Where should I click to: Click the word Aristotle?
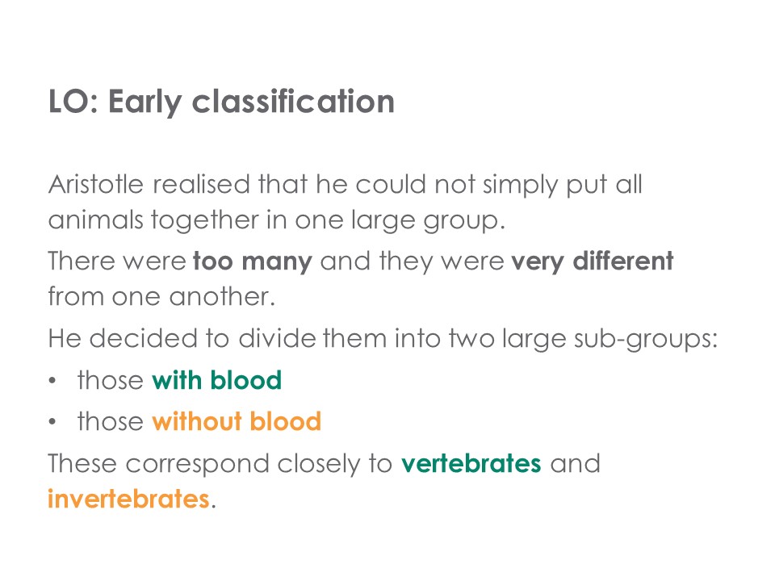96,184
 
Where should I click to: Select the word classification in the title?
293,102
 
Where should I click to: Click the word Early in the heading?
145,102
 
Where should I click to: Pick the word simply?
520,186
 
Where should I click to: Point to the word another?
222,297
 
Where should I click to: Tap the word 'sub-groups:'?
646,341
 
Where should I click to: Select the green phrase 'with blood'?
216,380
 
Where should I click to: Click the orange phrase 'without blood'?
237,421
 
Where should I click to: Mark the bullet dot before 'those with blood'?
52,382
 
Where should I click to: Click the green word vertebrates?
471,464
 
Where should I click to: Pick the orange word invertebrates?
128,499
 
